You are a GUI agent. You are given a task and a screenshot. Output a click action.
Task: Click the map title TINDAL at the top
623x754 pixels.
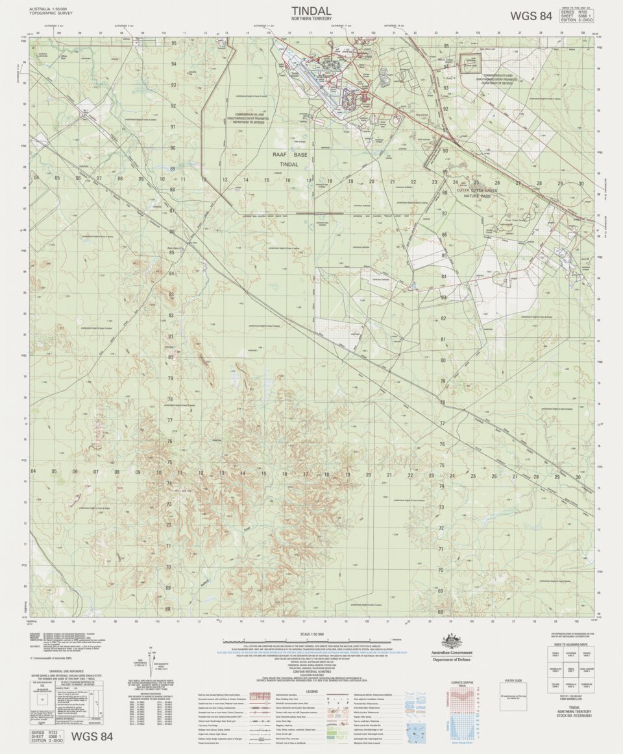point(311,10)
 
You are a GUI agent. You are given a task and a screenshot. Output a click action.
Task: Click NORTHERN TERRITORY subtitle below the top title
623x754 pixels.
point(311,19)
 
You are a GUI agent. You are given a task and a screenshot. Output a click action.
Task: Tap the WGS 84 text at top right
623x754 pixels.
point(531,16)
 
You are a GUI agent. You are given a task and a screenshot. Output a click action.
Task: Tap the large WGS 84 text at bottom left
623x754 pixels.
point(92,736)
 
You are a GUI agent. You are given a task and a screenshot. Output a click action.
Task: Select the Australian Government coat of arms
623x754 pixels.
point(452,642)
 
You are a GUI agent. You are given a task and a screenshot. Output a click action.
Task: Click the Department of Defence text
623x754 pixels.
point(452,659)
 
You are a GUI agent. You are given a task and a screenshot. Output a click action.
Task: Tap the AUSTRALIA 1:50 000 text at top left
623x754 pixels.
point(47,8)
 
